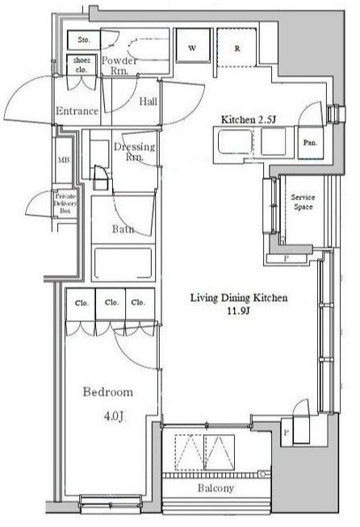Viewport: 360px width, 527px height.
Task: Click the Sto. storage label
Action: [x=84, y=40]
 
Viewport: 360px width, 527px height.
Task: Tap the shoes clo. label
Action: [x=82, y=65]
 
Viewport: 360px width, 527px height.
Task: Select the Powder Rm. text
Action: [x=119, y=65]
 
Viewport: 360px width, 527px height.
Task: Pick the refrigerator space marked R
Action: [x=237, y=48]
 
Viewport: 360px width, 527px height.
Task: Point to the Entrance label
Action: [x=77, y=111]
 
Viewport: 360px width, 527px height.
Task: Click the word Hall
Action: [x=149, y=101]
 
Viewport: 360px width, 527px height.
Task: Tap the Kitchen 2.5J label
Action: [x=249, y=119]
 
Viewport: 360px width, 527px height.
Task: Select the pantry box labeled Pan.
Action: [x=310, y=143]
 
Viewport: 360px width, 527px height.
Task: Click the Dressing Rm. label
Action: [x=135, y=151]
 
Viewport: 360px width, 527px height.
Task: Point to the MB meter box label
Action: [x=64, y=160]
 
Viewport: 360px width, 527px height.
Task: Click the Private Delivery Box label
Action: [x=65, y=203]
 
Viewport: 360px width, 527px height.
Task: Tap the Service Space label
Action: [x=303, y=202]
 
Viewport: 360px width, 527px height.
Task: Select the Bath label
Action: [x=123, y=229]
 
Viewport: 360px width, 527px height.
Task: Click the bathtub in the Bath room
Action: [x=123, y=263]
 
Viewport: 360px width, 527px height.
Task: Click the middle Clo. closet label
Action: [x=111, y=302]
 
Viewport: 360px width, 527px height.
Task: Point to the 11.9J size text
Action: [x=238, y=311]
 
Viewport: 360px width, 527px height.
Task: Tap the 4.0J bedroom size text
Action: [x=115, y=416]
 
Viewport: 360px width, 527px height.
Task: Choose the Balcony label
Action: [x=216, y=488]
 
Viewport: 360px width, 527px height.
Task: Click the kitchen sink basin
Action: [x=236, y=142]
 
